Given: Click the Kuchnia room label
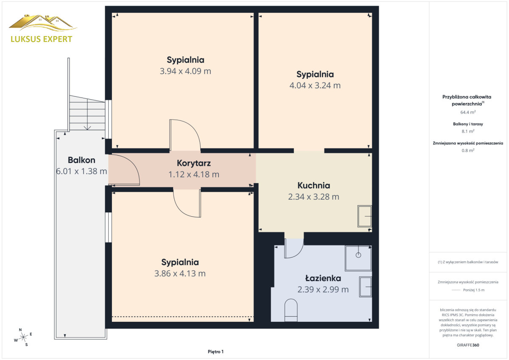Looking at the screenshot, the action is [313, 186].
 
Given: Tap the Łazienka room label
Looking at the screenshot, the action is [323, 278].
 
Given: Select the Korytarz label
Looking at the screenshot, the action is [194, 163].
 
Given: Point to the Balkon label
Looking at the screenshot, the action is [81, 160].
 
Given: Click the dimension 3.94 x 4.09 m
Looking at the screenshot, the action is [185, 71].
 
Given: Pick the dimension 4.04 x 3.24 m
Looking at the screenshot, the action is [315, 86].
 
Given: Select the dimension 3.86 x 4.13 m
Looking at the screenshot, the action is [180, 273].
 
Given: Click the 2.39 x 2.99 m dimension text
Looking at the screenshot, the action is [323, 290].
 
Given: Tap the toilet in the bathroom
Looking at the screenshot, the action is [291, 310].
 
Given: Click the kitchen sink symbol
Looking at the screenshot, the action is [365, 216].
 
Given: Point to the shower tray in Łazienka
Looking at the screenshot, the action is [358, 258].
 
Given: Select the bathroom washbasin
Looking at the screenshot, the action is [365, 287].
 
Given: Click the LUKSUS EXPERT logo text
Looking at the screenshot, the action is [42, 39].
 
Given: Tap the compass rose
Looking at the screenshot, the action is [23, 337].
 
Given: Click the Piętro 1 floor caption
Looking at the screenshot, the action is [215, 352].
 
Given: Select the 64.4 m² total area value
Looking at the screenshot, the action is [468, 112].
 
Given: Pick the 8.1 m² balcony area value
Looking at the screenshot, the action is [468, 131].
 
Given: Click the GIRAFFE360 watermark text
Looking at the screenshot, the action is [468, 345].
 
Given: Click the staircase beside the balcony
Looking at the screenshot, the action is [87, 113].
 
